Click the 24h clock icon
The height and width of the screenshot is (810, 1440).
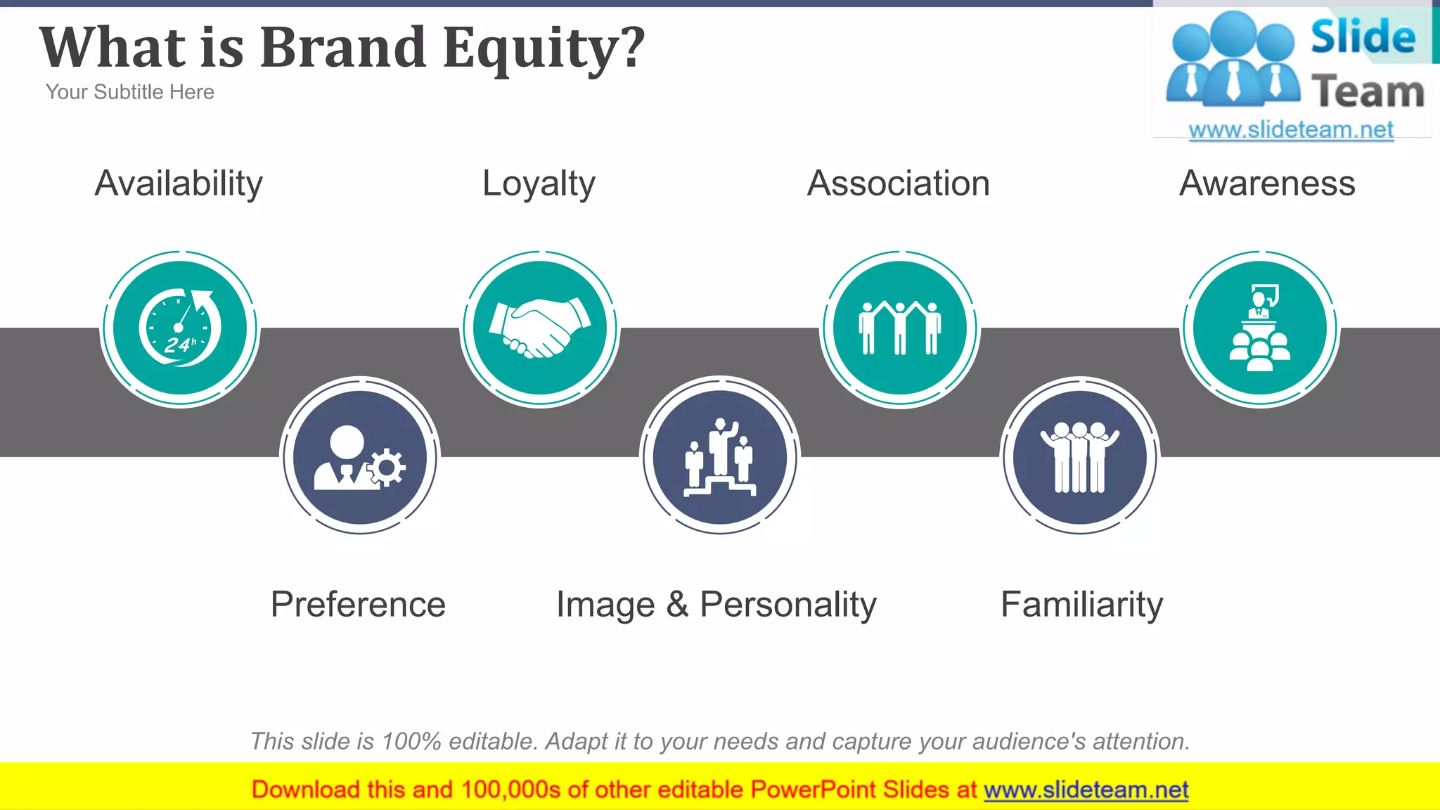(x=180, y=328)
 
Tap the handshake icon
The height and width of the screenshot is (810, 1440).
(x=540, y=328)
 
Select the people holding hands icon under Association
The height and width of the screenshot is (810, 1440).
(x=900, y=328)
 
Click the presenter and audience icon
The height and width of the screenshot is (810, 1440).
(x=1260, y=328)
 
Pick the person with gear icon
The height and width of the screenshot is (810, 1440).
(x=360, y=457)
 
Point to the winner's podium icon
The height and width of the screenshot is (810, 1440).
(x=720, y=457)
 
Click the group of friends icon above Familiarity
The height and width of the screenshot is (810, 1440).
(x=1080, y=457)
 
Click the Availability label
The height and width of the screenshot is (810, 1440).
(x=179, y=184)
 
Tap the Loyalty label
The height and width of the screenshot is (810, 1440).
(x=539, y=184)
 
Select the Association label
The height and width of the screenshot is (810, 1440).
(x=899, y=184)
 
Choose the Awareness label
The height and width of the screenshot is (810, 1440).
(x=1267, y=184)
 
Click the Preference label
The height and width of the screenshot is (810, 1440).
(x=358, y=604)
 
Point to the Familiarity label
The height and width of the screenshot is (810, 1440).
(x=1081, y=604)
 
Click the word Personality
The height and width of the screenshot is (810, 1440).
(x=788, y=604)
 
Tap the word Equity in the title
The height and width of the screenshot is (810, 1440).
(x=544, y=48)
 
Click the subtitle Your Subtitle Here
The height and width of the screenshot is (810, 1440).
(x=129, y=92)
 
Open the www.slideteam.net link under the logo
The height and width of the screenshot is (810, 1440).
(x=1291, y=129)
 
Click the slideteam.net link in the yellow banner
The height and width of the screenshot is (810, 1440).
(x=1086, y=790)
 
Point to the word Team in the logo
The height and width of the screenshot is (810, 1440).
(x=1368, y=92)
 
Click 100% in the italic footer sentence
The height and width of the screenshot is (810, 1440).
(x=411, y=741)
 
